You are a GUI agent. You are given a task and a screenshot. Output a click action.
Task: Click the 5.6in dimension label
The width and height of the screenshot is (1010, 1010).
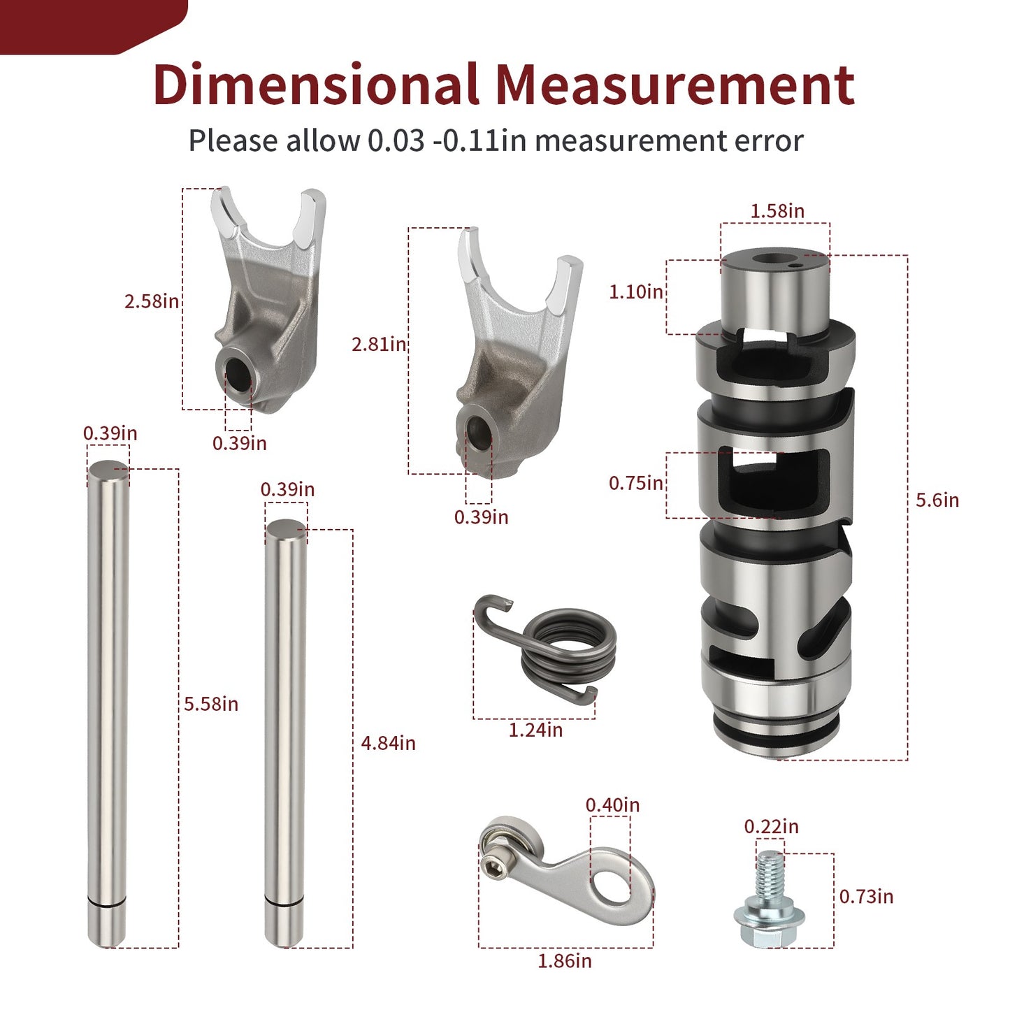(x=937, y=500)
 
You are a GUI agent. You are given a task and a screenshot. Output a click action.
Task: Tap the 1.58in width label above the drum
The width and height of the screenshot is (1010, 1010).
(x=777, y=210)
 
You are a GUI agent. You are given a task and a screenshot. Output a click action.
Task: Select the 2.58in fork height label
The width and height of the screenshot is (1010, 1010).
(x=152, y=301)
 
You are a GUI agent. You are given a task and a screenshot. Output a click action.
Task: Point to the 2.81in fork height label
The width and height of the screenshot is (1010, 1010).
(x=379, y=345)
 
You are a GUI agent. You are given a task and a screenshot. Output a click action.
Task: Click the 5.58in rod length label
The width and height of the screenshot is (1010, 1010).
(x=211, y=704)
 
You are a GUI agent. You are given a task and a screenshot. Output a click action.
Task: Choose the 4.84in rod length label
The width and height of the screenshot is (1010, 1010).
(x=389, y=743)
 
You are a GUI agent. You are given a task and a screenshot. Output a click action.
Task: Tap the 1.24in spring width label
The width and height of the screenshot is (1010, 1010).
(x=535, y=730)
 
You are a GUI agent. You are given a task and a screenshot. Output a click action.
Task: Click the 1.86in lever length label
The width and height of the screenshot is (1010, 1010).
(x=565, y=961)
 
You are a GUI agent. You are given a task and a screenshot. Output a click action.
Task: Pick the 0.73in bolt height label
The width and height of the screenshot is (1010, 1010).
(x=867, y=896)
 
